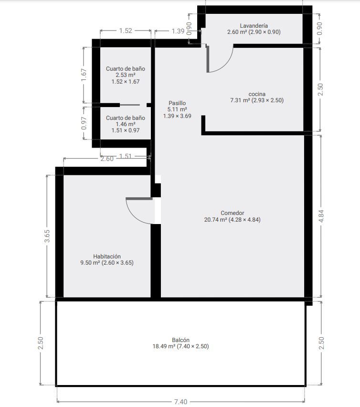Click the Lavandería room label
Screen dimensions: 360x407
254,26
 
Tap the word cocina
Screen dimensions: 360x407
257,94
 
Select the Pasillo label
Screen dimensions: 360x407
177,103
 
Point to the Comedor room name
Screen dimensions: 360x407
233,213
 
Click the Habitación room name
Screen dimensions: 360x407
107,257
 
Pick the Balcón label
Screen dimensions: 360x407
180,340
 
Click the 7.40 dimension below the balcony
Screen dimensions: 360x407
180,402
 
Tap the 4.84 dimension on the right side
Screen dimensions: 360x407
321,216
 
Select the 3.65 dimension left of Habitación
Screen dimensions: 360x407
47,236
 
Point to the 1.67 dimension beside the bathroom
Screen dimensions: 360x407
84,75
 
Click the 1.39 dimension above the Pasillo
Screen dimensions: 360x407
178,31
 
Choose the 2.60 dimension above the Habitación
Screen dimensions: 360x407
107,159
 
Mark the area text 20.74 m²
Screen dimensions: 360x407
215,220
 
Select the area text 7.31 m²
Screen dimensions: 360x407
240,100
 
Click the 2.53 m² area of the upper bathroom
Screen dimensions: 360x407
126,75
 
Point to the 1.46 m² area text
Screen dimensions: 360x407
126,124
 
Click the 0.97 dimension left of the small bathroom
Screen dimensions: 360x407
84,123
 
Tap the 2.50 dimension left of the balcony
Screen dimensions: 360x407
41,343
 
